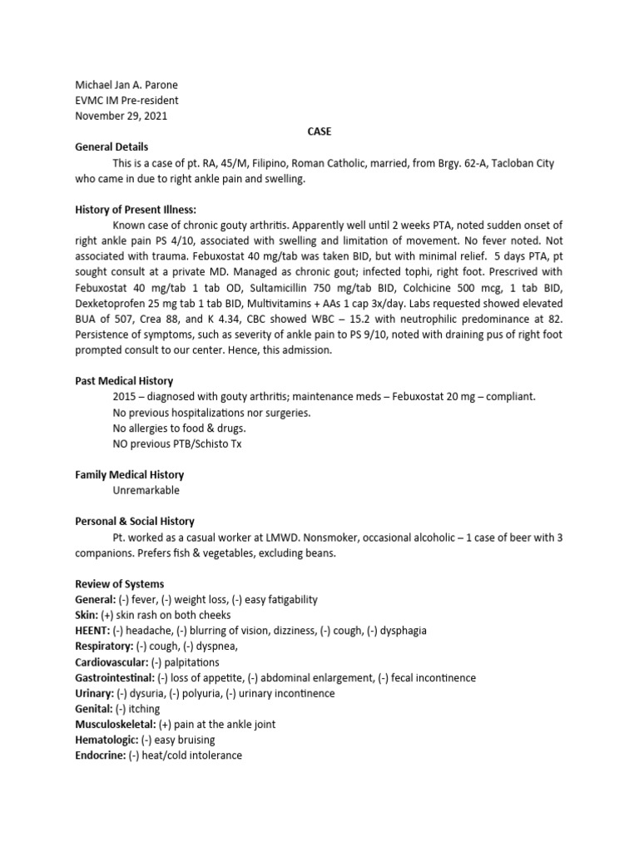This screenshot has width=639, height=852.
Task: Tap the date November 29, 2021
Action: coord(121,116)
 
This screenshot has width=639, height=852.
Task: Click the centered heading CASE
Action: coord(319,131)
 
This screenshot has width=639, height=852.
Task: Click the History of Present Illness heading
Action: coord(136,210)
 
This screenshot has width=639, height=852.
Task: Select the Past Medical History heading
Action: coord(124,381)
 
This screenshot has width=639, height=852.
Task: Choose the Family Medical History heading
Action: coord(130,475)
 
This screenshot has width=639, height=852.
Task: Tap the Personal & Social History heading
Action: coord(135,522)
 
